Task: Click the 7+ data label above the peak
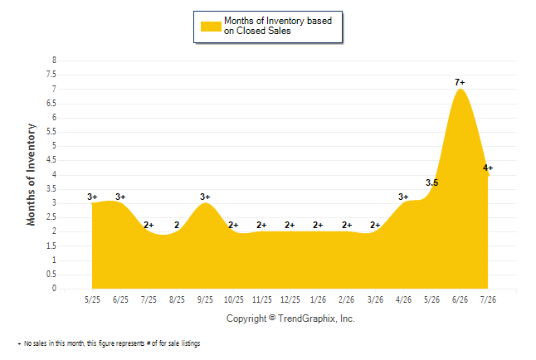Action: tap(460, 82)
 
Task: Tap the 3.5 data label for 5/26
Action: tap(431, 183)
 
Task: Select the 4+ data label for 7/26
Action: tap(488, 168)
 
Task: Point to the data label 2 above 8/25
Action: tap(177, 225)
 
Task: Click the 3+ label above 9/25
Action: tap(205, 197)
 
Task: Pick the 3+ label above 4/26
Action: tap(403, 197)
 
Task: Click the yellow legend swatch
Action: tap(211, 27)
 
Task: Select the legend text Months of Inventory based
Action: tap(278, 21)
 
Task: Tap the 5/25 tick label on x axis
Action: tap(92, 299)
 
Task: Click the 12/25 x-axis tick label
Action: tap(290, 299)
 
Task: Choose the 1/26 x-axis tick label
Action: tap(319, 299)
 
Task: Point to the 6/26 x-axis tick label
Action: tap(460, 299)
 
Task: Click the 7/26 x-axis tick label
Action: tap(488, 299)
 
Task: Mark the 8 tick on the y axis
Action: tap(54, 61)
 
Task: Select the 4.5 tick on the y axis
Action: tap(51, 160)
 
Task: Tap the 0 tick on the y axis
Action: tap(54, 289)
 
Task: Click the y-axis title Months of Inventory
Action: tap(31, 175)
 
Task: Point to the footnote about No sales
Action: tap(109, 343)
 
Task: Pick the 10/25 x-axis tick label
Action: tap(234, 299)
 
